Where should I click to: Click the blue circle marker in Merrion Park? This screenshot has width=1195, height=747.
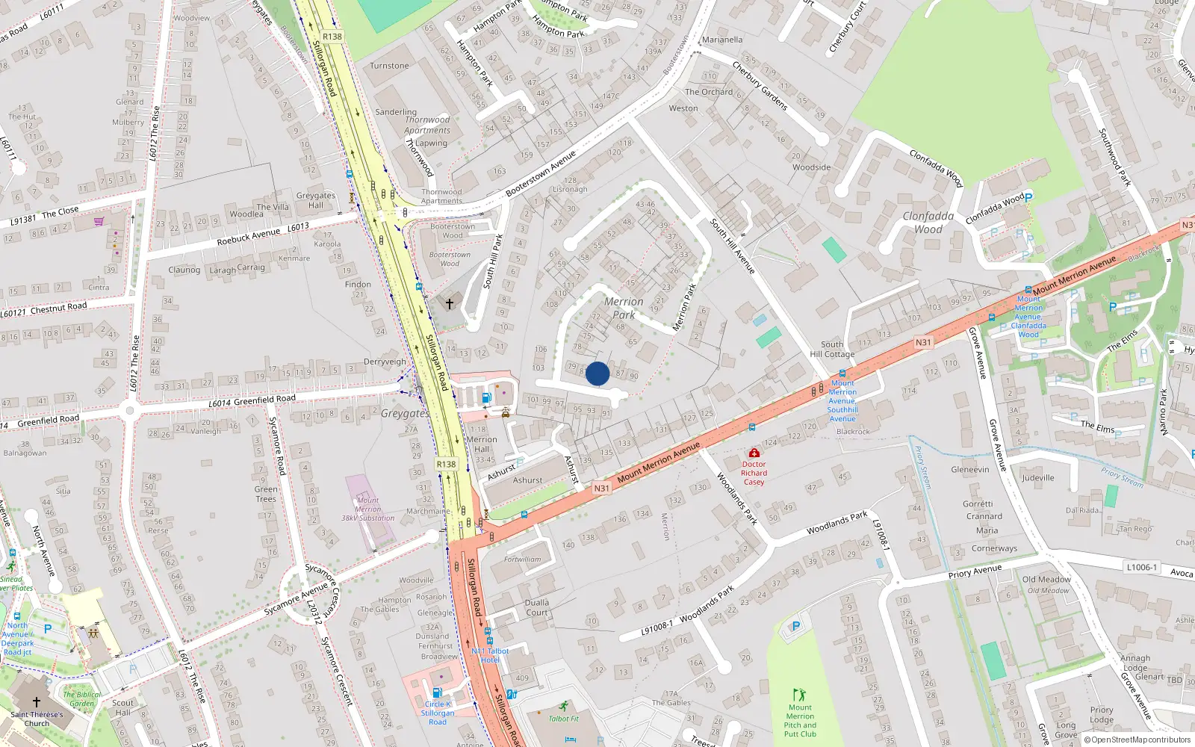(x=597, y=373)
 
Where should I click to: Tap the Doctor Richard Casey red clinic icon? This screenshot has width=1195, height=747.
(x=754, y=453)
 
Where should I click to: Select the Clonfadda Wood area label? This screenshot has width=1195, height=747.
(x=928, y=223)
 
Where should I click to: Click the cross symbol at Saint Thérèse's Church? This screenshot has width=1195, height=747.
(x=37, y=702)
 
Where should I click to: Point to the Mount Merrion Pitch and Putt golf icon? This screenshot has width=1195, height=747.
(x=799, y=695)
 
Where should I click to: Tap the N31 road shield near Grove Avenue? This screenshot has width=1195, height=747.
(x=923, y=343)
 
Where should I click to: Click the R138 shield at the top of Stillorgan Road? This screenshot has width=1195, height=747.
(x=332, y=37)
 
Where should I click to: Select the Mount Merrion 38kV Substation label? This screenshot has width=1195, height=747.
(x=367, y=509)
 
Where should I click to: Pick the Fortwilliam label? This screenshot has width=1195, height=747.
(x=522, y=559)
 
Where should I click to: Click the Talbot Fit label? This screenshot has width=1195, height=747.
(x=563, y=719)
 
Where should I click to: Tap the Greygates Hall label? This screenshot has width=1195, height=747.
(x=316, y=200)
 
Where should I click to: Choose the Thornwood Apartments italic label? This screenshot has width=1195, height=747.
(x=427, y=125)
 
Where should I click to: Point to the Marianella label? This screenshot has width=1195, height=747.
(x=722, y=40)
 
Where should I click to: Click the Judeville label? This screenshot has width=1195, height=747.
(x=1038, y=478)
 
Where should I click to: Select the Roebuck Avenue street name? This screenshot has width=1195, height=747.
(x=249, y=237)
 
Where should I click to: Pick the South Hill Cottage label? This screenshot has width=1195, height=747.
(x=832, y=350)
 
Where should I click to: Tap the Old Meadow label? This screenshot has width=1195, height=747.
(x=1046, y=580)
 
